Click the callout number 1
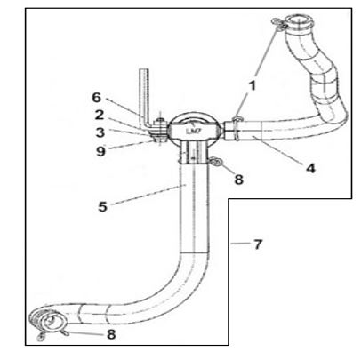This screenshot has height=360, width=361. (x=252, y=85)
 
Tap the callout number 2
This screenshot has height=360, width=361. (x=100, y=115)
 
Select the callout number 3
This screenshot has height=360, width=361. (x=100, y=132)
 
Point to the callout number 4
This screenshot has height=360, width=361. (x=310, y=168)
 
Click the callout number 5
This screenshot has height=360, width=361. (x=102, y=206)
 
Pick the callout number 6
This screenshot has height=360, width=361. (x=97, y=98)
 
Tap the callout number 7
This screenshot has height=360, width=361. (x=258, y=244)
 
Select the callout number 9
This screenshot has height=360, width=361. (x=100, y=151)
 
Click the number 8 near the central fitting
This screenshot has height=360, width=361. (x=238, y=180)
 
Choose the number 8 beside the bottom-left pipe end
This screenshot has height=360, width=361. (x=111, y=334)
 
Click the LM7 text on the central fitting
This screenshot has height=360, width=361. (x=190, y=131)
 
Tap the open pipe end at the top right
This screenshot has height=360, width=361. (x=299, y=22)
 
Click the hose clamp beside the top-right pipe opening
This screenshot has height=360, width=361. (x=279, y=24)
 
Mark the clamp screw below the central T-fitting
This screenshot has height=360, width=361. (x=216, y=162)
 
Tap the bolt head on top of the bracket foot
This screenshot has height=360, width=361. (x=161, y=119)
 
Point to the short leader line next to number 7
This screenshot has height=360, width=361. (x=241, y=244)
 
